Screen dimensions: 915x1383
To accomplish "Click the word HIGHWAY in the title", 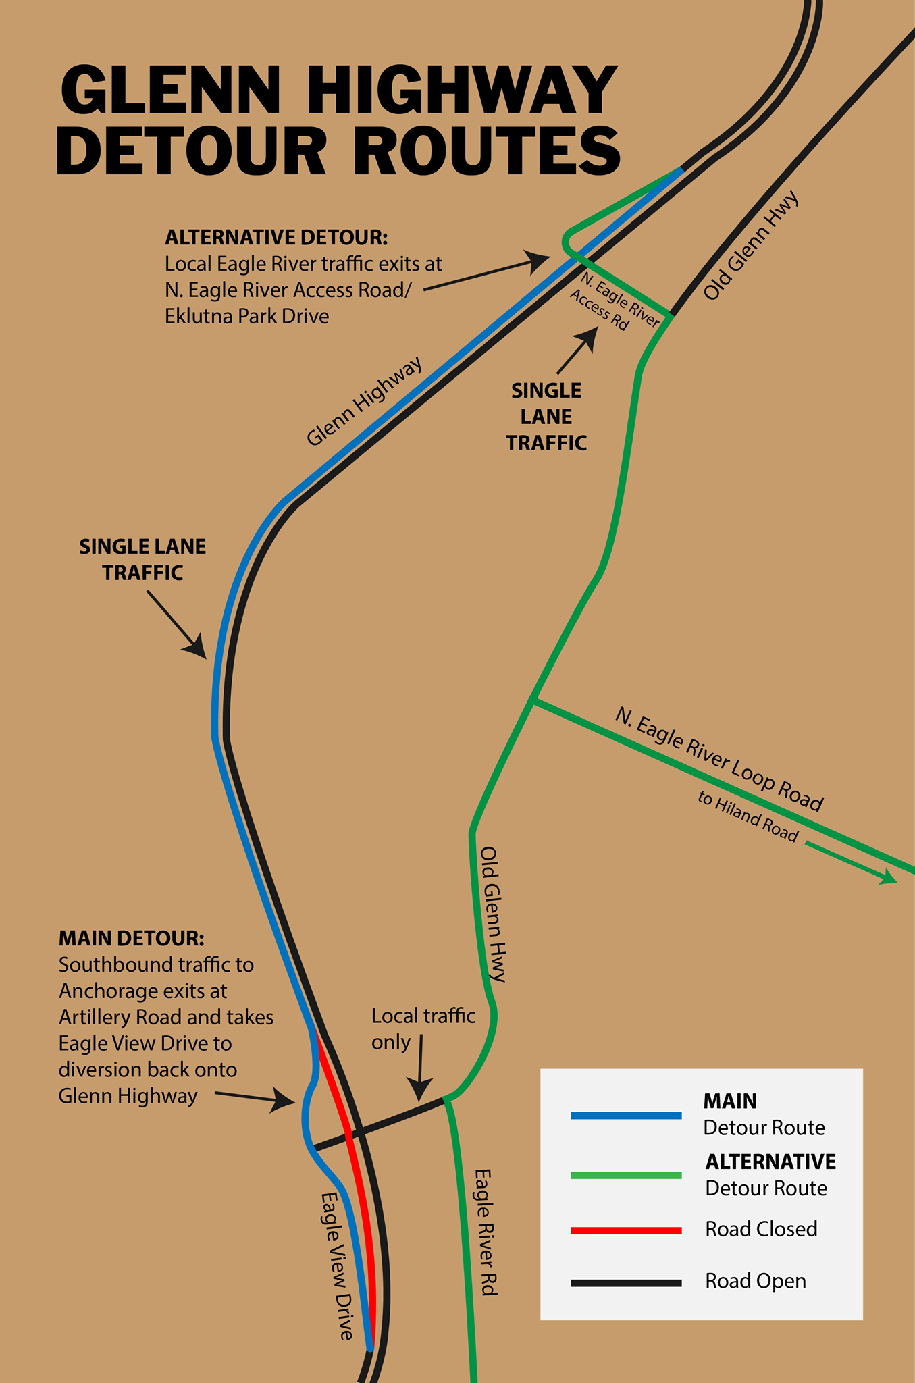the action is (462, 90).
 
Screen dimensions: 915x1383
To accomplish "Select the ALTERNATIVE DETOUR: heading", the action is (276, 238).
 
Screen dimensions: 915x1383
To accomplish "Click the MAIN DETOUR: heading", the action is (132, 938).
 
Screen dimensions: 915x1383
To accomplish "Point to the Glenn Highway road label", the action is (365, 401).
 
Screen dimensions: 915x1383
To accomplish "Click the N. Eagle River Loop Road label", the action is (718, 760).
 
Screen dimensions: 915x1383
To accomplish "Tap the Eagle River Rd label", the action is (486, 1232).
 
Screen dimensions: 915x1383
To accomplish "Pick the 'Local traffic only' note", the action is (423, 1028).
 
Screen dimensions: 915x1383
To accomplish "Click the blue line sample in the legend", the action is (626, 1116).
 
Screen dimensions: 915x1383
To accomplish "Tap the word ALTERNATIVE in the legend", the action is (770, 1162).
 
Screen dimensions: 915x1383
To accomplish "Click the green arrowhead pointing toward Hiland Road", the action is (888, 877).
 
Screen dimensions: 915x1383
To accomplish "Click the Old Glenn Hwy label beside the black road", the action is (751, 246).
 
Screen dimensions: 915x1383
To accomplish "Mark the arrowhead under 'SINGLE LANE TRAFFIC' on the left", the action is (195, 646).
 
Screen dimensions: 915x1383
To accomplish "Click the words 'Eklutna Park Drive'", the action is (247, 316).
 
